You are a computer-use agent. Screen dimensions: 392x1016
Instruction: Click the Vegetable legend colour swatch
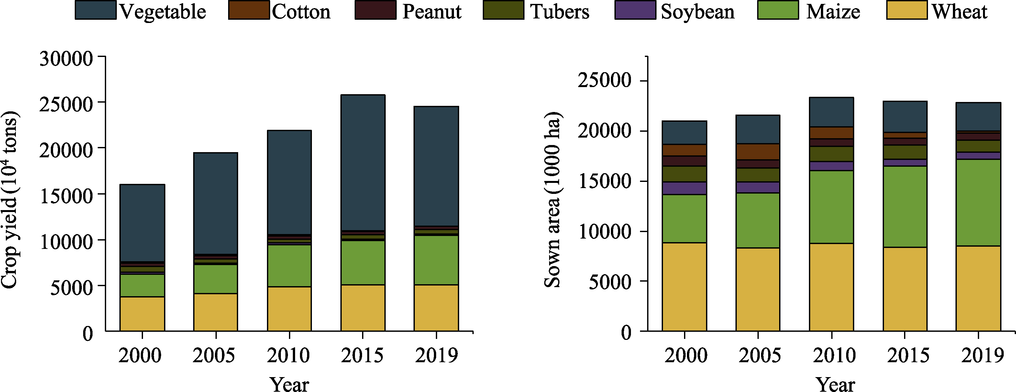(x=95, y=10)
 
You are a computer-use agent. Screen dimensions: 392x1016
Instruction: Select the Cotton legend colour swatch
(x=248, y=10)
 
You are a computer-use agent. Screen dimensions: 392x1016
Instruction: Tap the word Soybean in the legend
(x=697, y=11)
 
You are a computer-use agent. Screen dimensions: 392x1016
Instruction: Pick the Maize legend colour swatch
(x=778, y=10)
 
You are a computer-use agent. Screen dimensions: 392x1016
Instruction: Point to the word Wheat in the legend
(x=959, y=11)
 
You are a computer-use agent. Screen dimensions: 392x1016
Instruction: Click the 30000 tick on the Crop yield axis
(x=66, y=58)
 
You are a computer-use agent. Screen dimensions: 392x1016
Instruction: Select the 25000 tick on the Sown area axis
(x=604, y=81)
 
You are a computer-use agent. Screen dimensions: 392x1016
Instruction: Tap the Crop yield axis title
(x=9, y=200)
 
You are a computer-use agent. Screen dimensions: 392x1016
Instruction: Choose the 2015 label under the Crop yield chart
(x=362, y=355)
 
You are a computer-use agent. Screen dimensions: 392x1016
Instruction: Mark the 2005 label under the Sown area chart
(x=759, y=355)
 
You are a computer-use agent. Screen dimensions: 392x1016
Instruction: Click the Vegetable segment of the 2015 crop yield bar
(x=363, y=162)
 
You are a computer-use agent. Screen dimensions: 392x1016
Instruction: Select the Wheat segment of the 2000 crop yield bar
(x=142, y=314)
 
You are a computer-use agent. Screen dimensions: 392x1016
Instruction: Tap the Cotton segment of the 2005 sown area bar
(x=758, y=151)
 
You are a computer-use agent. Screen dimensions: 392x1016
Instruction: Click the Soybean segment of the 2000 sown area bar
(x=684, y=188)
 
